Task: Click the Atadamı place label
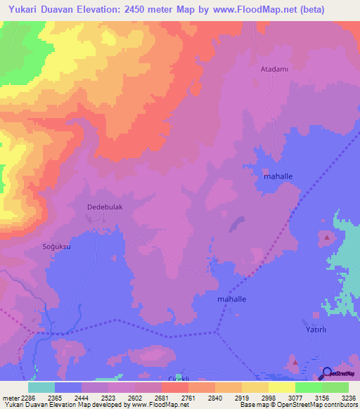[x=269, y=70]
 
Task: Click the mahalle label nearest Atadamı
[x=278, y=176]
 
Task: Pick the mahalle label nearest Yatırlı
[x=231, y=299]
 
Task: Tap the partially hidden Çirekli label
[x=174, y=377]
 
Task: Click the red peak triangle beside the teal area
[x=328, y=238]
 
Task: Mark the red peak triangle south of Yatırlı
[x=295, y=363]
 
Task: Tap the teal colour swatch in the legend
[x=41, y=387]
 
